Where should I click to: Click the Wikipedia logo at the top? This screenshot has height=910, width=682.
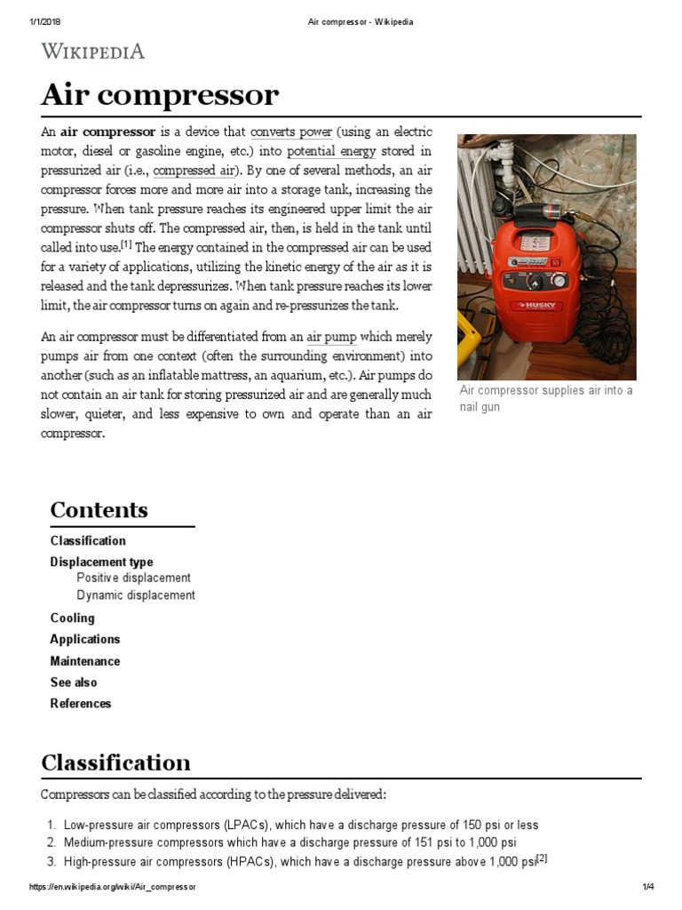(92, 52)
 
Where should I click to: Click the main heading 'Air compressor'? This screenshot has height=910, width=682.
(160, 95)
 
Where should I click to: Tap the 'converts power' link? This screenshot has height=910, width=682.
(291, 132)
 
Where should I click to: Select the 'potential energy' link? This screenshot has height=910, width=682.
(331, 151)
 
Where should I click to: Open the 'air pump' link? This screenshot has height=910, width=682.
(331, 337)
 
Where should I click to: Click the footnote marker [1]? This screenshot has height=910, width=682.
(126, 244)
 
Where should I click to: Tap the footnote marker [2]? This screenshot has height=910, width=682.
(542, 858)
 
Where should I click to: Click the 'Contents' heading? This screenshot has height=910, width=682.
(99, 510)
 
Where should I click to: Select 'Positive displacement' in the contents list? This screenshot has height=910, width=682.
(133, 578)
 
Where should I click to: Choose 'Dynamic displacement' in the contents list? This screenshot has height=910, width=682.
(135, 595)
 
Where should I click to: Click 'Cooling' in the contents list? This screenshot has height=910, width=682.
(72, 618)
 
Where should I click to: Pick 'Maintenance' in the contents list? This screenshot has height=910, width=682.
(84, 661)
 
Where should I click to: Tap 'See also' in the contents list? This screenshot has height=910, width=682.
(74, 682)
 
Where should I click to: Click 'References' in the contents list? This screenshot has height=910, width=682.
(81, 704)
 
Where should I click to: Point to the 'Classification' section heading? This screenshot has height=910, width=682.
(115, 762)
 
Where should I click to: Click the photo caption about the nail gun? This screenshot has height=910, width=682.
(545, 399)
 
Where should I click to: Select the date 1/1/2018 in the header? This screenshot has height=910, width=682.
(43, 22)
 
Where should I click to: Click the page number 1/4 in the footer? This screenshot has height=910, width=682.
(647, 888)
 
